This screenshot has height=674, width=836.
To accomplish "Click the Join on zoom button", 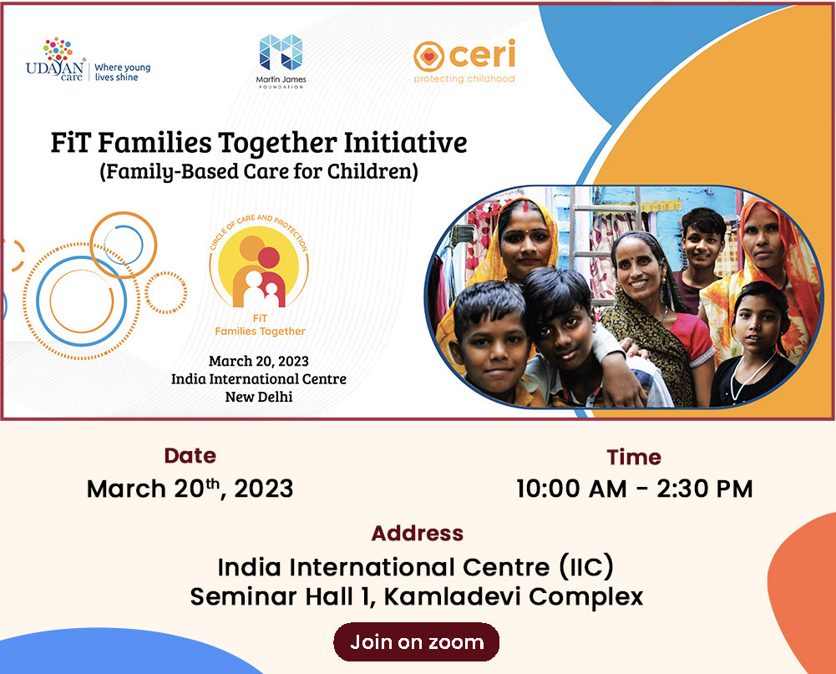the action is coord(417,642).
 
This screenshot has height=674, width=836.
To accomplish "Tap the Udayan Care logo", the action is coord(56,59).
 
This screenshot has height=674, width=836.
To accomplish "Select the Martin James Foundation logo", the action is coord(281,61).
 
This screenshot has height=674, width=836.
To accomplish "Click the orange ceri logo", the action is coord(464,61).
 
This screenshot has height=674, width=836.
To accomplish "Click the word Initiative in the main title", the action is coord(405,142).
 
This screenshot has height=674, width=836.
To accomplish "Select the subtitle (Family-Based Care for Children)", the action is coord(259,172).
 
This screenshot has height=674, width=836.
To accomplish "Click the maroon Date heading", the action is coord(190,456).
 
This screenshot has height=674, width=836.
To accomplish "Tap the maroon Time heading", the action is coord(634,458).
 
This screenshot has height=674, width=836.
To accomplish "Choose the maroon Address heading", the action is coord(418,533).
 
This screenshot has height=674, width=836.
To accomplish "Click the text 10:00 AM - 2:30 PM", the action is coord(635,489).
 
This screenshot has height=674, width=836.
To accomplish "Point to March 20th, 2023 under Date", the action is coord(190,489).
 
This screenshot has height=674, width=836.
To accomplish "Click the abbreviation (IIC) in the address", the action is coord(586,567).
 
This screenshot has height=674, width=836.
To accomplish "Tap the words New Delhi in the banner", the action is coord(259,397).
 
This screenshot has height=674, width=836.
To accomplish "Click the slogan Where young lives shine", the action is coord(123,73).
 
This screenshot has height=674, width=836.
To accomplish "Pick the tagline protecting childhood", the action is coord(464,79).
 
